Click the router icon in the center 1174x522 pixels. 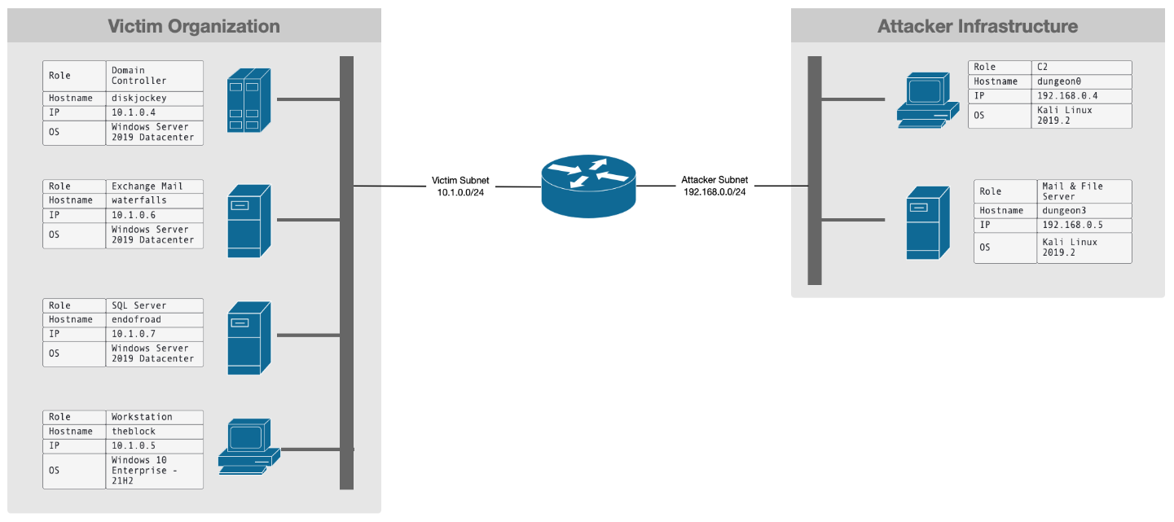point(588,186)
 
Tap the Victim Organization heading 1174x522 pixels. point(194,26)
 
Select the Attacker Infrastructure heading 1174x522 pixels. point(977,26)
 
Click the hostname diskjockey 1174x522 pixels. point(139,98)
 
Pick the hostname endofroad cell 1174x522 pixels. point(137,319)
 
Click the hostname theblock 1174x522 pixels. point(134,431)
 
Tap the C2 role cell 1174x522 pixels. point(1043,67)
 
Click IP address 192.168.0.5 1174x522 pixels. point(1071,225)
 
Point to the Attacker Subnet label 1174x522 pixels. point(715,186)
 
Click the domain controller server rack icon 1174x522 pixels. point(248,100)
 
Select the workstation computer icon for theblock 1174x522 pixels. point(248,445)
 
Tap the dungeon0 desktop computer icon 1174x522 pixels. point(926,99)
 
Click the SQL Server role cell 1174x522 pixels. point(139,305)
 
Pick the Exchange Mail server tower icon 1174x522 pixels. point(248,221)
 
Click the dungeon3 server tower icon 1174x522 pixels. point(928,222)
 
